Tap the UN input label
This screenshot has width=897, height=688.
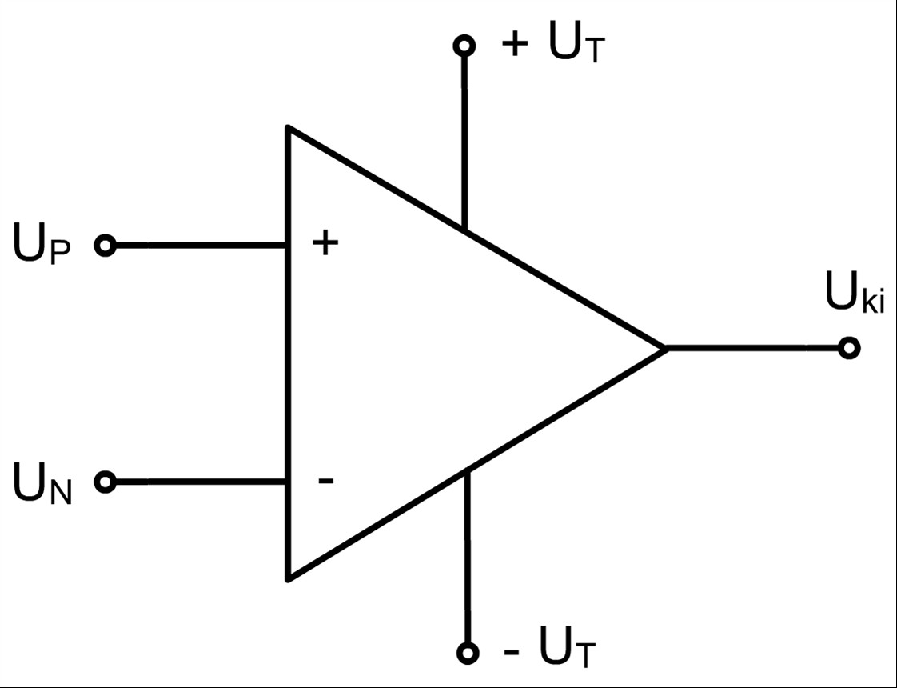[x=42, y=484]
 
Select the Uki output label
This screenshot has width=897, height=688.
[x=855, y=292]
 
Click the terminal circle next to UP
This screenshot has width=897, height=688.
[x=106, y=246]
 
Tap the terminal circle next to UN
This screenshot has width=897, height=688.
[x=106, y=482]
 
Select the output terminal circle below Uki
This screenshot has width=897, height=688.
[x=849, y=348]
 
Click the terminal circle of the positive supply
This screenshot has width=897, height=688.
[x=464, y=46]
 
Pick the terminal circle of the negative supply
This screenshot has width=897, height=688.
[x=468, y=653]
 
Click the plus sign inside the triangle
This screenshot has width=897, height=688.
[x=325, y=242]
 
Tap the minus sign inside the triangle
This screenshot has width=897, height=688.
[x=325, y=481]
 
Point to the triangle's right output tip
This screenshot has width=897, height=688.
[x=667, y=348]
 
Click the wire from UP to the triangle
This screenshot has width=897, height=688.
[x=201, y=246]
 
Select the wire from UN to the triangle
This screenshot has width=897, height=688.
[x=201, y=482]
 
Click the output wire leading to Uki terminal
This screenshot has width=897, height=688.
[x=752, y=348]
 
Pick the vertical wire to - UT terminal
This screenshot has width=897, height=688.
[x=468, y=556]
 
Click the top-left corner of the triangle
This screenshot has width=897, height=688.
[x=289, y=126]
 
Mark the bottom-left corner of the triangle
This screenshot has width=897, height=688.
[x=289, y=578]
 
